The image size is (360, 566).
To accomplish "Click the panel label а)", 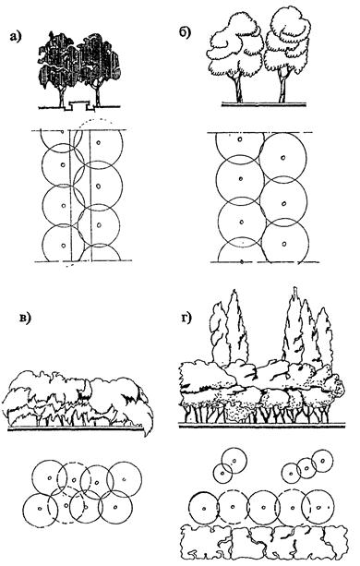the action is point(16,36).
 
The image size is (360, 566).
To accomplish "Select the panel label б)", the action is point(185,32).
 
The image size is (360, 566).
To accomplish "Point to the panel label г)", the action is point(186,318).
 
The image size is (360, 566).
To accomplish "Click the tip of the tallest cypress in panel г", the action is point(296,288).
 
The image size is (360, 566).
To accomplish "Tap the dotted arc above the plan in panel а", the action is point(94,119).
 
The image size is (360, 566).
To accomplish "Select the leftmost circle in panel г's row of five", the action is point(189,508).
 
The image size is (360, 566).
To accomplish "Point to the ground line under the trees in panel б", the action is point(264,104).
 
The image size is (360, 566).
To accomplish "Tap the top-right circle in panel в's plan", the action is point(141,479).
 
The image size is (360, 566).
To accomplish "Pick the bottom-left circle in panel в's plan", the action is point(23,510).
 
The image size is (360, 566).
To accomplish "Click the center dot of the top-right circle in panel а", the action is point(98,142).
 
